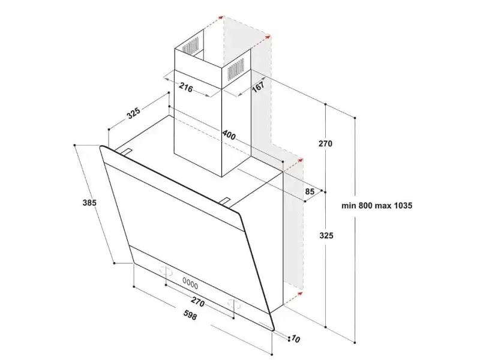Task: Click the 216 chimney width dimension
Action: point(186,88)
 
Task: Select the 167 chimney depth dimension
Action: point(258,87)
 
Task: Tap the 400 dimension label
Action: point(229,134)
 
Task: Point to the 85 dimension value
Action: point(310,191)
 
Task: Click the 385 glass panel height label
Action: point(89,203)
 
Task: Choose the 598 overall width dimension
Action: point(190,315)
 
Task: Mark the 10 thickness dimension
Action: point(295,339)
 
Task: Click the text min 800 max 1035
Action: point(377,205)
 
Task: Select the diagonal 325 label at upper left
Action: point(134,113)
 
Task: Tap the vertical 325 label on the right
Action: point(326,235)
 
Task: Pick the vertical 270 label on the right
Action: point(325,143)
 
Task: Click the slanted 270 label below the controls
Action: point(197,302)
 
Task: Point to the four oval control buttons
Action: point(190,283)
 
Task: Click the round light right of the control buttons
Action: point(234,304)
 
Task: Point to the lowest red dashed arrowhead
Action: point(299,294)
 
